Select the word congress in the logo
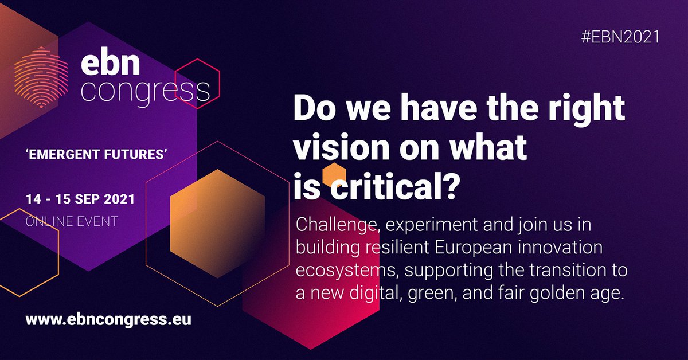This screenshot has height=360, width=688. tap(145, 90)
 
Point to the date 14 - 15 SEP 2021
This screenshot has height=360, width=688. tap(80, 199)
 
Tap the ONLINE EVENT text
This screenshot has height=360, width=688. tap(72, 221)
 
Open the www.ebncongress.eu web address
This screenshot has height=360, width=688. tap(108, 319)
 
